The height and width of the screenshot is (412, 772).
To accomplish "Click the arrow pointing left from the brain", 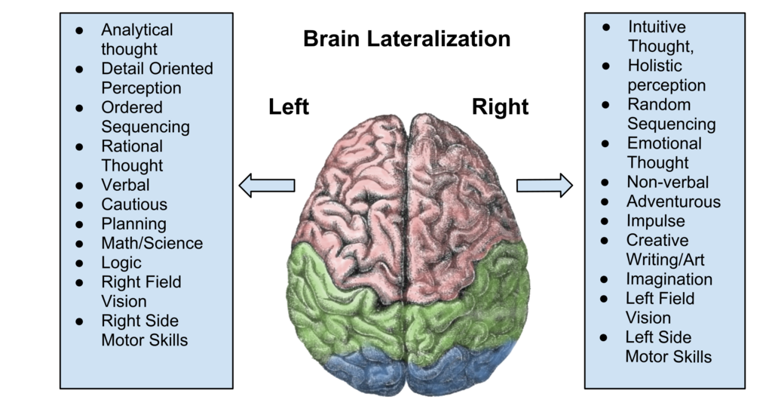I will (x=265, y=185).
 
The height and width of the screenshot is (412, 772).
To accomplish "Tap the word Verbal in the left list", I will (x=125, y=185).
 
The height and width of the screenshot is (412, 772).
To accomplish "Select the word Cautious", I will (x=134, y=204).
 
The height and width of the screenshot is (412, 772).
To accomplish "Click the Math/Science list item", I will (x=152, y=244).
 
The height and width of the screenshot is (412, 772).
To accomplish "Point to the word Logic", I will (x=121, y=263).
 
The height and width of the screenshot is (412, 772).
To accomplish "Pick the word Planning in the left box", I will (x=133, y=224).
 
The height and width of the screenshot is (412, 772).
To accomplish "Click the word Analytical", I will (x=136, y=30).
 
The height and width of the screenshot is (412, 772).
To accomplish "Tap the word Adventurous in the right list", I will (x=673, y=201).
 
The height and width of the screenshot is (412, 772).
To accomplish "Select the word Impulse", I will (x=655, y=221).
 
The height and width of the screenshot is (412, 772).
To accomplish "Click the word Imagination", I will (x=669, y=279).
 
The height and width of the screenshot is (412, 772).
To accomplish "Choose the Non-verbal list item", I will (x=667, y=182).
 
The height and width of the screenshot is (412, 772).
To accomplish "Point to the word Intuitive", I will (x=657, y=27).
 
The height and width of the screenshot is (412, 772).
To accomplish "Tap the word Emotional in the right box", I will (x=664, y=143).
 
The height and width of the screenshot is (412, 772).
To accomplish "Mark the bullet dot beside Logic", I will (x=79, y=263).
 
